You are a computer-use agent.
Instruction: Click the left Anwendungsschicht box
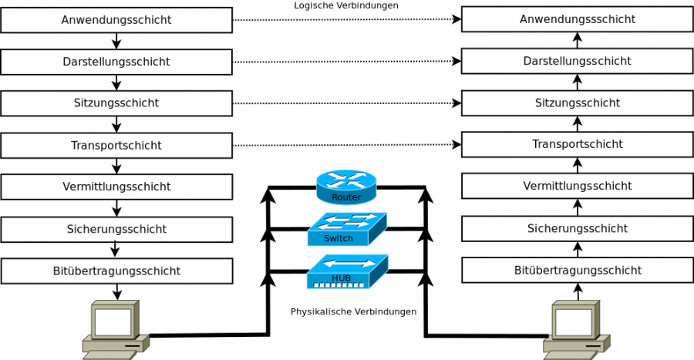point(116,20)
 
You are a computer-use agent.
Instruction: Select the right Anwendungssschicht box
point(578,19)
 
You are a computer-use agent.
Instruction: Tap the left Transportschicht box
point(116,145)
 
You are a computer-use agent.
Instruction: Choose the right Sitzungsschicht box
point(578,103)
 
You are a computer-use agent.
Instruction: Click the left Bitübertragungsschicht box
point(116,271)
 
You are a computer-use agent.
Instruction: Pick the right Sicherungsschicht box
point(578,228)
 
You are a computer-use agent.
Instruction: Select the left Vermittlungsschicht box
point(116,187)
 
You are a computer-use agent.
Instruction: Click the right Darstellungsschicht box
point(578,61)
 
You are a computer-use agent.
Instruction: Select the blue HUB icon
point(346,271)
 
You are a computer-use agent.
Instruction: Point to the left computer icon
point(114,330)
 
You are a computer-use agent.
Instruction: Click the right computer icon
point(576,330)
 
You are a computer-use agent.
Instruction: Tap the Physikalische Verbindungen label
point(353,312)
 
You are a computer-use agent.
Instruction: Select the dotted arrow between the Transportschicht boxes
point(346,145)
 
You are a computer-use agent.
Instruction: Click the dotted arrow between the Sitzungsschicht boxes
point(346,103)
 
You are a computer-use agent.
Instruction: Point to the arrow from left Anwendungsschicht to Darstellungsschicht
point(116,41)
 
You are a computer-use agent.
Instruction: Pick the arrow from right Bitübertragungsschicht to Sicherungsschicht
point(578,249)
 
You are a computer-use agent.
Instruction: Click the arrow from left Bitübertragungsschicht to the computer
point(116,291)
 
